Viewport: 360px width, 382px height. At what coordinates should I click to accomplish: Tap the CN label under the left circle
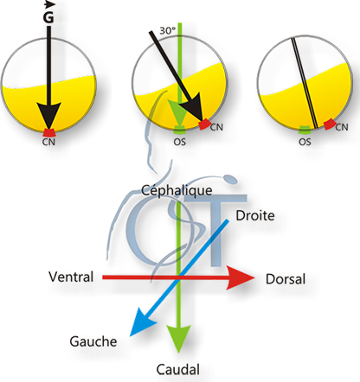coord(48,142)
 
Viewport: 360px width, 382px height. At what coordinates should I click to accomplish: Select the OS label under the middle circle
coord(179,142)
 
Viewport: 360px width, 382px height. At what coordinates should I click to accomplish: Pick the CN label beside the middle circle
coord(216,127)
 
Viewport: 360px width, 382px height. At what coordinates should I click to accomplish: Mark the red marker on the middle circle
coord(205,126)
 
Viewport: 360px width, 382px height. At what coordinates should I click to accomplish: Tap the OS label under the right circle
coord(305,142)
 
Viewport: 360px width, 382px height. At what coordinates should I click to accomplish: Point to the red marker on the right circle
coord(331,126)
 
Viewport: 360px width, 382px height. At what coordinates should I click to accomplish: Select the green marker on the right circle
coord(305,131)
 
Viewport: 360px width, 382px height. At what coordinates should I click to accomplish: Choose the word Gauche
coord(93,341)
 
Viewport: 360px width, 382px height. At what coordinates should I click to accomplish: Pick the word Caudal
coord(178,370)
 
